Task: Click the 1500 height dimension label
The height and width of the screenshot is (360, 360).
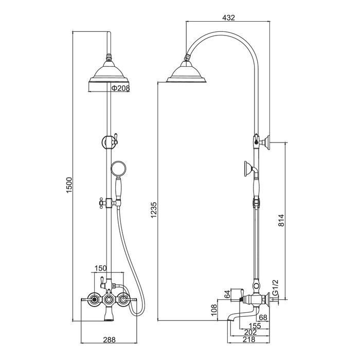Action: pyautogui.click(x=69, y=185)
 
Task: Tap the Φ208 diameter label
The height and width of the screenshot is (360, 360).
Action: pyautogui.click(x=120, y=88)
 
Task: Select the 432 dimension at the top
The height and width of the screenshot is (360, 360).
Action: pyautogui.click(x=228, y=17)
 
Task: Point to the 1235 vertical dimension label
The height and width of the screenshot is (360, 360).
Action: pyautogui.click(x=154, y=210)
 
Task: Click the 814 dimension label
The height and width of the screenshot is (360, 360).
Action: pyautogui.click(x=281, y=220)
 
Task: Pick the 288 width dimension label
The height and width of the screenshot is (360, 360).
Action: pyautogui.click(x=109, y=339)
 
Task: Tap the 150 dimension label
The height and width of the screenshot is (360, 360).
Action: pyautogui.click(x=101, y=268)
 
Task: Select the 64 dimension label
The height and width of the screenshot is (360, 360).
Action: pyautogui.click(x=227, y=294)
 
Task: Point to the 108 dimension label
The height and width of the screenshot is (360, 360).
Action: pyautogui.click(x=214, y=310)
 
